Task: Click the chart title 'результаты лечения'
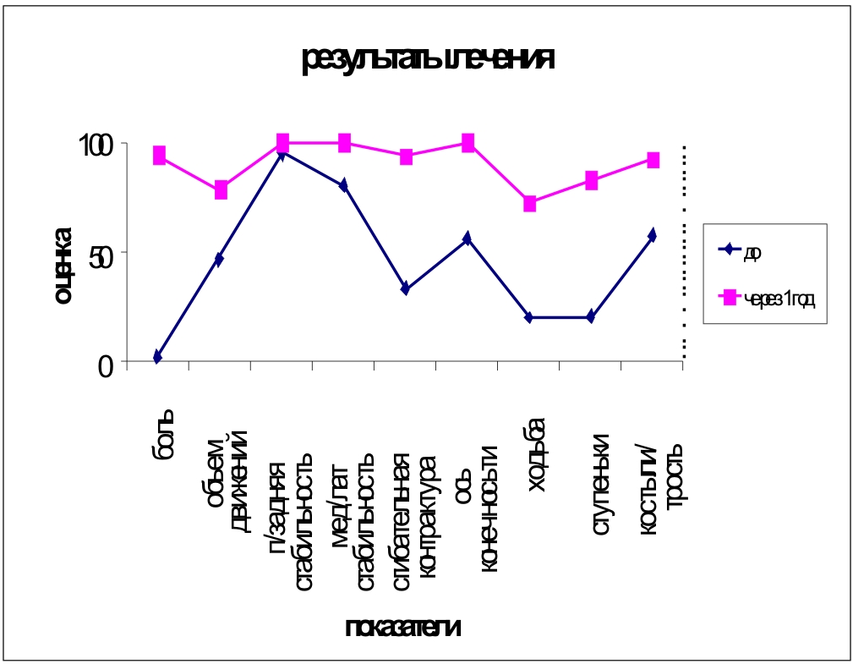428,61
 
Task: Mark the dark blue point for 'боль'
158,357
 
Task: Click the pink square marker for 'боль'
159,155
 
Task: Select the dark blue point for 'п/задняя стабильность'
282,153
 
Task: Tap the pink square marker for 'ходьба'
530,204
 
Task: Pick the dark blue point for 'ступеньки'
591,317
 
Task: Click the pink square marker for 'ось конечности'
468,142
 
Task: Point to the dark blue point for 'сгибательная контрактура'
406,288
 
